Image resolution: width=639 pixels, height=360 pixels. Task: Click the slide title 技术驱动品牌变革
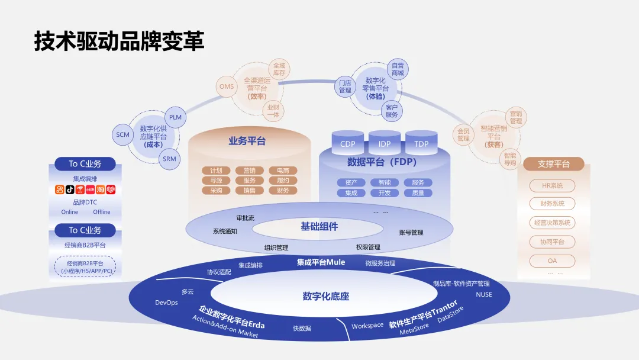pyautogui.click(x=119, y=41)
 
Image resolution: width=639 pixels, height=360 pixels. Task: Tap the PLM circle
pyautogui.click(x=176, y=117)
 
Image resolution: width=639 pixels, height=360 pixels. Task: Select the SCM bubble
pyautogui.click(x=122, y=135)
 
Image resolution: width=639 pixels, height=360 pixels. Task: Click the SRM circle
pyautogui.click(x=170, y=159)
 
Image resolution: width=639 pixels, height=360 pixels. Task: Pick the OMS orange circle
pyautogui.click(x=227, y=87)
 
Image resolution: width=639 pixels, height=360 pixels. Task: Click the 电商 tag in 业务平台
pyautogui.click(x=283, y=171)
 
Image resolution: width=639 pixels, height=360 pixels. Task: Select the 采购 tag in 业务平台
pyautogui.click(x=216, y=191)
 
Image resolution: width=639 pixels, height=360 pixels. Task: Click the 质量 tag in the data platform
pyautogui.click(x=418, y=193)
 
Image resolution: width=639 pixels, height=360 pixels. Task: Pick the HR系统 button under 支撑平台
pyautogui.click(x=552, y=186)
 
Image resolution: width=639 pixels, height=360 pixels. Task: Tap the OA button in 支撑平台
pyautogui.click(x=552, y=261)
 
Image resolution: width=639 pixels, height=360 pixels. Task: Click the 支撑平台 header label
pyautogui.click(x=554, y=164)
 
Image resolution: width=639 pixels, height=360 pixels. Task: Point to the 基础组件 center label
pyautogui.click(x=319, y=226)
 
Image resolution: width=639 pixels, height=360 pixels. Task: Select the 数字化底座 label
pyautogui.click(x=326, y=296)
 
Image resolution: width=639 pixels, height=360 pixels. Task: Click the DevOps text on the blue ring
pyautogui.click(x=166, y=303)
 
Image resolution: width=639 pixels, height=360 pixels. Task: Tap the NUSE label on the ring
pyautogui.click(x=483, y=294)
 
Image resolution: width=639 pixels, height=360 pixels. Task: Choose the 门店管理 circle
pyautogui.click(x=346, y=87)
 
